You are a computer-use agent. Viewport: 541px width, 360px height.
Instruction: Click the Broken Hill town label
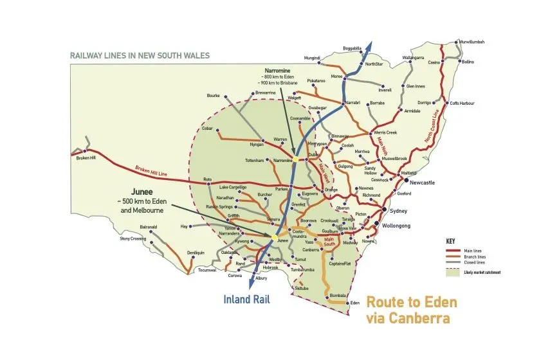click(x=86, y=158)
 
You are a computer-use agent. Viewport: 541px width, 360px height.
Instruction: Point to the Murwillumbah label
click(x=470, y=42)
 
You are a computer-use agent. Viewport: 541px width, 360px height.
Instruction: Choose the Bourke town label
click(x=214, y=96)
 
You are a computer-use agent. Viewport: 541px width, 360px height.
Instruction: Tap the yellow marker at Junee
click(x=275, y=239)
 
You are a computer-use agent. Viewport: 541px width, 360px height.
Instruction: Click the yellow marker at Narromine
click(x=297, y=159)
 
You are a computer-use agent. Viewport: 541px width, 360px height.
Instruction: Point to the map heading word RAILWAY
click(x=87, y=56)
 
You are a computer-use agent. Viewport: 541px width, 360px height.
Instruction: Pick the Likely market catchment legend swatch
click(x=450, y=273)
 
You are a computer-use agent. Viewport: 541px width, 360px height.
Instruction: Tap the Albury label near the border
click(x=260, y=278)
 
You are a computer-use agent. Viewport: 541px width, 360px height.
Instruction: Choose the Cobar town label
click(x=207, y=128)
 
